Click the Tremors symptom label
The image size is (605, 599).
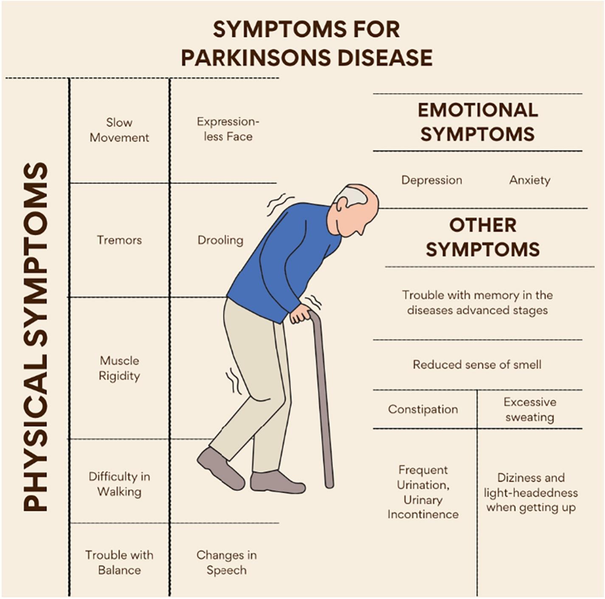(x=119, y=240)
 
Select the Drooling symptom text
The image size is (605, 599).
(x=220, y=240)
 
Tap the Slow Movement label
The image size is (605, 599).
(x=119, y=130)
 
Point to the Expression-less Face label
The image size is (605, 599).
(x=228, y=129)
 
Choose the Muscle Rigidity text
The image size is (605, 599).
(x=119, y=368)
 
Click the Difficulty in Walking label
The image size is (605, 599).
(x=119, y=484)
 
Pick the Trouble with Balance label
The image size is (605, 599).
(x=119, y=563)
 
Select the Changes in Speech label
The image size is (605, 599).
(x=226, y=563)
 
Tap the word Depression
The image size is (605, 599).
(x=432, y=180)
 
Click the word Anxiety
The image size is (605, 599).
(x=530, y=180)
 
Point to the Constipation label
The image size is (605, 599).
(x=423, y=409)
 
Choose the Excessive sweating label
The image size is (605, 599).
(x=530, y=409)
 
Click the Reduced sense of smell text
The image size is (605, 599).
(x=477, y=364)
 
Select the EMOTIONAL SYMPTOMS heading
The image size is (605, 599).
(x=478, y=122)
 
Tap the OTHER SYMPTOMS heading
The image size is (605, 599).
(x=483, y=237)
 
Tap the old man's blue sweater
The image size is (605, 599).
(x=284, y=263)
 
